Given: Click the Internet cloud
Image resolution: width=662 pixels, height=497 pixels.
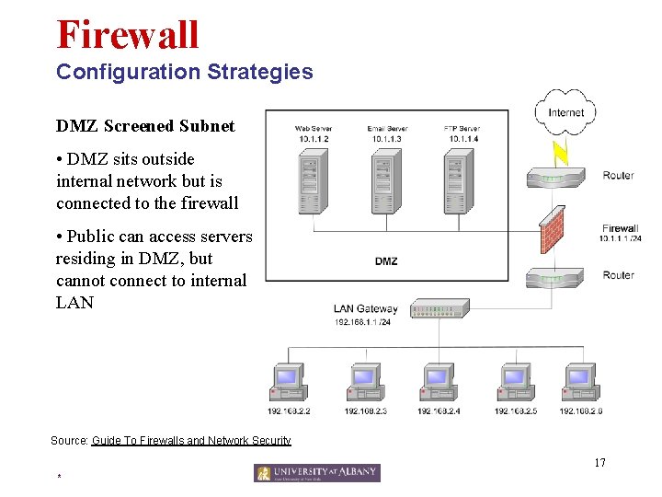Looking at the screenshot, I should pyautogui.click(x=565, y=112).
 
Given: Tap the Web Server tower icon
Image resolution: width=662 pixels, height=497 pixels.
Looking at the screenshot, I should pyautogui.click(x=313, y=183).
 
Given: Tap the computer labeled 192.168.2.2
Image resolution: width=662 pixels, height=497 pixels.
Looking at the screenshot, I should pyautogui.click(x=288, y=382).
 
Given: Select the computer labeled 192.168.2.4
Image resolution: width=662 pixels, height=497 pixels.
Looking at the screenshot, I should pyautogui.click(x=439, y=382).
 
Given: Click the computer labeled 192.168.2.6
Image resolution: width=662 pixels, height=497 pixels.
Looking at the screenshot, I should pyautogui.click(x=581, y=382).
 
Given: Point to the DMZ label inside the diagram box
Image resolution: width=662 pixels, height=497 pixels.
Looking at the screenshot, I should pyautogui.click(x=386, y=261).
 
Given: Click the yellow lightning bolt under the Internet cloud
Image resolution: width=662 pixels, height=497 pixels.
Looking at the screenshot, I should pyautogui.click(x=559, y=149).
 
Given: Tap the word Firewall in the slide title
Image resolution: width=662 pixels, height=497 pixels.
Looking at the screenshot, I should pyautogui.click(x=127, y=34).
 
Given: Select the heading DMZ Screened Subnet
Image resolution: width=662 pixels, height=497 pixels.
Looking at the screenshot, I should pyautogui.click(x=145, y=126).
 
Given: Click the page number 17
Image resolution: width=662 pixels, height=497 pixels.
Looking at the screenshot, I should pyautogui.click(x=599, y=462).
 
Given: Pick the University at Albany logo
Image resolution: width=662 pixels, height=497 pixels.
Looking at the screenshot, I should pyautogui.click(x=317, y=473).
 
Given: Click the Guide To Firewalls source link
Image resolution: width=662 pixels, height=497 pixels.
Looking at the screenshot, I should pyautogui.click(x=191, y=441).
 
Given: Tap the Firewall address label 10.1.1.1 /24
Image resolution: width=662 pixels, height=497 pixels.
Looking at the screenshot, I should pyautogui.click(x=620, y=238).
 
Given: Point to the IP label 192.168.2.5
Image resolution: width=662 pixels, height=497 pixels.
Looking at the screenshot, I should pyautogui.click(x=517, y=410).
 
